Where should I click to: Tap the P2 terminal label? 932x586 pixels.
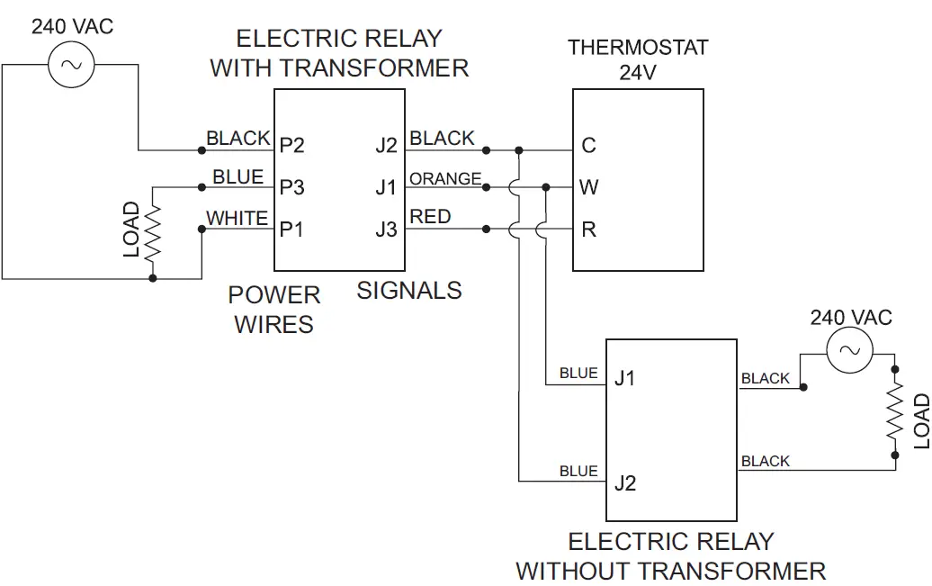(292, 146)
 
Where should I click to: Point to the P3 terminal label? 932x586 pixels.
(292, 187)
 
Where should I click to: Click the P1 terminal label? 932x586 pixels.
(291, 230)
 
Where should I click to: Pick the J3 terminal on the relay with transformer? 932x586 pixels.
(386, 230)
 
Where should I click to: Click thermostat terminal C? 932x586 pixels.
(589, 146)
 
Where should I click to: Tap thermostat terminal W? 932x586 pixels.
(589, 187)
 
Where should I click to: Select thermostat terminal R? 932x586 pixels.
(589, 230)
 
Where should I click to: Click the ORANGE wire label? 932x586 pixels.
(445, 179)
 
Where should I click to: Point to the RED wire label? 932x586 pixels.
(431, 217)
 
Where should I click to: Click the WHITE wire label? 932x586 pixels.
(237, 218)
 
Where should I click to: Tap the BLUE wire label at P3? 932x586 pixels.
(238, 177)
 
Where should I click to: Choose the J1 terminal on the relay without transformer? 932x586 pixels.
(624, 378)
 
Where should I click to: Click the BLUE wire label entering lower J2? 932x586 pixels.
(578, 471)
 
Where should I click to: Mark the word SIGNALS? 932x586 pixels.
(409, 291)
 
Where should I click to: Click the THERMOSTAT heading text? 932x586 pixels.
(638, 47)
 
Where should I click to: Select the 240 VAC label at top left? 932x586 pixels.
(73, 26)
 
